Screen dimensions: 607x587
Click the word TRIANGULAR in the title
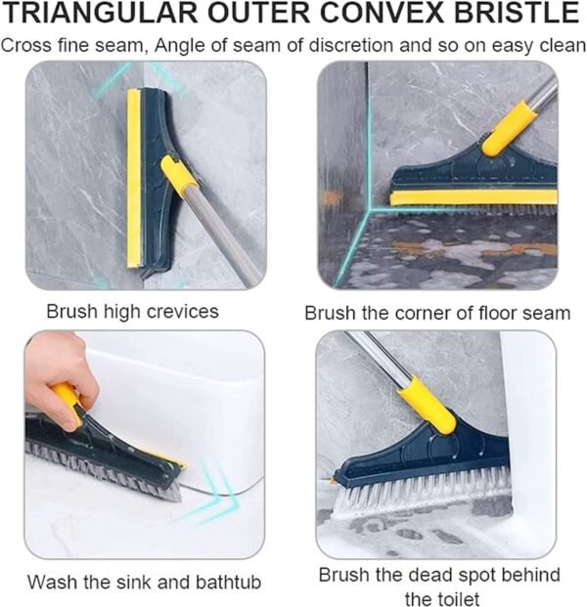tap(94, 15)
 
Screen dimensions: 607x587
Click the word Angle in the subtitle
tap(192, 44)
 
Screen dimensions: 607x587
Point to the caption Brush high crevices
tap(132, 312)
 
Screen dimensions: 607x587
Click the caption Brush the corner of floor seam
tap(437, 313)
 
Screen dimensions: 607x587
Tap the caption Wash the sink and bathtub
tap(144, 582)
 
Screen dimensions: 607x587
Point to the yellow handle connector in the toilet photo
tap(427, 407)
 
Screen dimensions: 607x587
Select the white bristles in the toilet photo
tap(421, 494)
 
